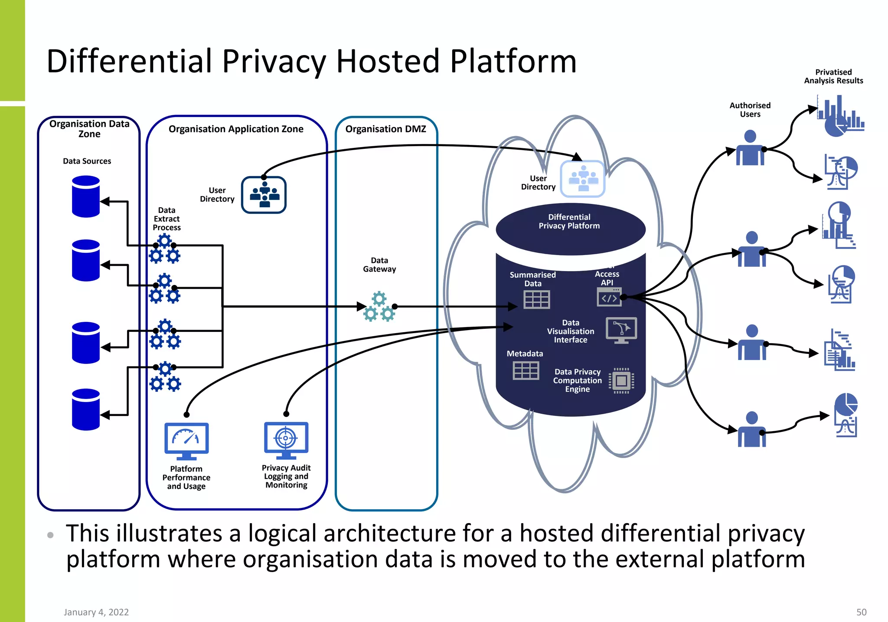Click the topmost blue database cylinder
click(x=86, y=196)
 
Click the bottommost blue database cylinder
click(x=86, y=409)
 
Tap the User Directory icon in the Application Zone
click(x=264, y=195)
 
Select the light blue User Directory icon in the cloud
click(x=582, y=179)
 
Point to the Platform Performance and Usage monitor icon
click(x=186, y=441)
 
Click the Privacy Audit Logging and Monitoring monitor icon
click(x=286, y=440)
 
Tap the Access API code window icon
click(x=609, y=297)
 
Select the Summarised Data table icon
click(x=536, y=299)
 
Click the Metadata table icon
click(x=526, y=370)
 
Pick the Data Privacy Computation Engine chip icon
click(x=621, y=381)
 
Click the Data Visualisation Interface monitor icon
click(x=621, y=330)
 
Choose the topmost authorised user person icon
click(x=750, y=148)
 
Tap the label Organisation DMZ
click(x=385, y=129)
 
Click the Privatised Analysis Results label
click(x=833, y=76)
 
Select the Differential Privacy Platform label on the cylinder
click(x=569, y=221)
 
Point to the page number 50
click(x=861, y=612)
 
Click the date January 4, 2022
click(x=96, y=612)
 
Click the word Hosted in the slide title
click(x=388, y=61)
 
